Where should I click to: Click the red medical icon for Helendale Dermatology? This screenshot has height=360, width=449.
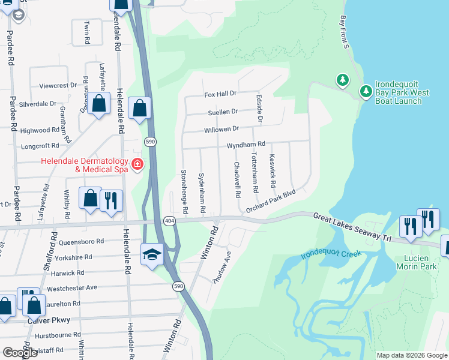pos(137,164)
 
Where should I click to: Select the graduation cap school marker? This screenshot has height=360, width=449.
pos(152,254)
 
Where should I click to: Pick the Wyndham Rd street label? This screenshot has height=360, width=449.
pos(246,145)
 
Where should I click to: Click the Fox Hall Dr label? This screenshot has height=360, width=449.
pos(220,94)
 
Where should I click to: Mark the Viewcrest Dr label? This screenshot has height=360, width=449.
pos(58,86)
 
